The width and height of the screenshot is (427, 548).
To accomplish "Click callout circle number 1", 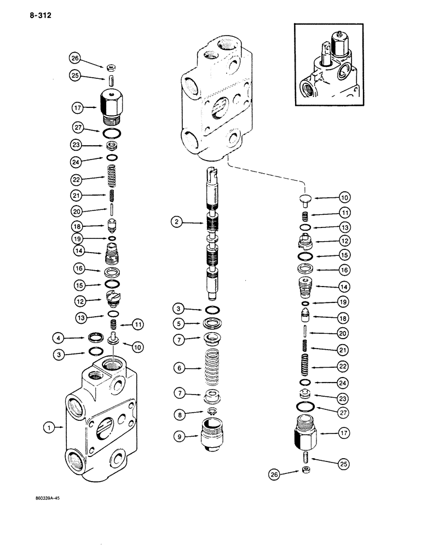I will pos(50,427).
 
